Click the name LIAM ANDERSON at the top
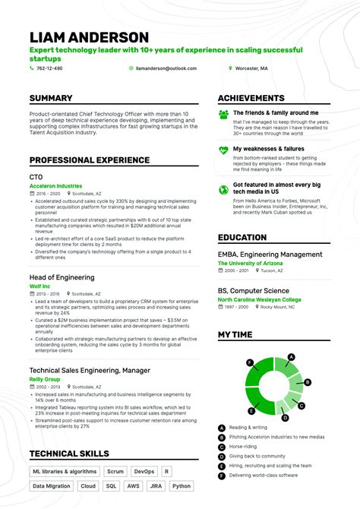pyautogui.click(x=89, y=38)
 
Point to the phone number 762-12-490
pyautogui.click(x=50, y=68)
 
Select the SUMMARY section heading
pyautogui.click(x=51, y=99)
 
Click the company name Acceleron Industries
pyautogui.click(x=55, y=185)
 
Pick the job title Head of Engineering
pyautogui.click(x=62, y=277)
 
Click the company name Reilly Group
pyautogui.click(x=46, y=378)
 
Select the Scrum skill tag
pyautogui.click(x=115, y=471)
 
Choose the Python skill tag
pyautogui.click(x=181, y=485)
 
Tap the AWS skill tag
pyautogui.click(x=134, y=485)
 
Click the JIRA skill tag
pyautogui.click(x=156, y=485)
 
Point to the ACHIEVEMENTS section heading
pyautogui.click(x=251, y=99)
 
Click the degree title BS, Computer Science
pyautogui.click(x=253, y=290)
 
